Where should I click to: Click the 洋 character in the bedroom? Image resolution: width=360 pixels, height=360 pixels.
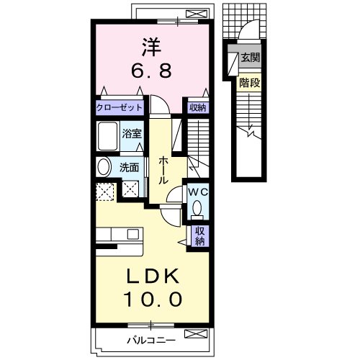pyautogui.click(x=151, y=48)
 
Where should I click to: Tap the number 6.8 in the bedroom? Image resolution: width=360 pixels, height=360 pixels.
pyautogui.click(x=151, y=71)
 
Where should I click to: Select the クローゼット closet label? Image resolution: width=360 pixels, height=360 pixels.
pyautogui.click(x=120, y=107)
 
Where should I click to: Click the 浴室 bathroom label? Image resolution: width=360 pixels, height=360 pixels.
pyautogui.click(x=132, y=134)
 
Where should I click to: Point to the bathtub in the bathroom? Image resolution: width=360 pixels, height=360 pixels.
pyautogui.click(x=108, y=136)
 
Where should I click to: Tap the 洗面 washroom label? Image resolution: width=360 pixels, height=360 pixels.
pyautogui.click(x=130, y=168)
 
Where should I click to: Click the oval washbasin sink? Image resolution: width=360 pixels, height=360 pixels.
pyautogui.click(x=104, y=167)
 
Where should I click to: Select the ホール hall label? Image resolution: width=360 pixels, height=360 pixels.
pyautogui.click(x=163, y=170)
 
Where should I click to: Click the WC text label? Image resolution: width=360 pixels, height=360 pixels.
pyautogui.click(x=198, y=192)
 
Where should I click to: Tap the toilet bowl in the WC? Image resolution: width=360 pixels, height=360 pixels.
pyautogui.click(x=197, y=209)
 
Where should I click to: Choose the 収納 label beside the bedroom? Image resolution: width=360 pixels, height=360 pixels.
pyautogui.click(x=198, y=108)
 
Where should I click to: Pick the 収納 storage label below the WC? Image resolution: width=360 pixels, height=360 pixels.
pyautogui.click(x=199, y=236)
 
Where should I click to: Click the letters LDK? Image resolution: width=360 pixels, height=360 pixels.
pyautogui.click(x=153, y=276)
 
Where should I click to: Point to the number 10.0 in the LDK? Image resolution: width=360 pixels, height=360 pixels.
pyautogui.click(x=153, y=300)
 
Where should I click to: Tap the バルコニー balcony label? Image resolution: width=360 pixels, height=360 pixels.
pyautogui.click(x=151, y=341)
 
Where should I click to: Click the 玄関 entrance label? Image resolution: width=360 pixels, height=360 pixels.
pyautogui.click(x=251, y=58)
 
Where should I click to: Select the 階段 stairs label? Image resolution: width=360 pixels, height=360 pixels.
pyautogui.click(x=250, y=83)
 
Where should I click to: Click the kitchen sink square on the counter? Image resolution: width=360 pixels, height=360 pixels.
pyautogui.click(x=133, y=234)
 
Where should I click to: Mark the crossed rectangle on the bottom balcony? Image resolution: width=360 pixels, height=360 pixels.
pyautogui.click(x=196, y=334)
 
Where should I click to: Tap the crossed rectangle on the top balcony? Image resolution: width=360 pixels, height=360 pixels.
pyautogui.click(x=197, y=14)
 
